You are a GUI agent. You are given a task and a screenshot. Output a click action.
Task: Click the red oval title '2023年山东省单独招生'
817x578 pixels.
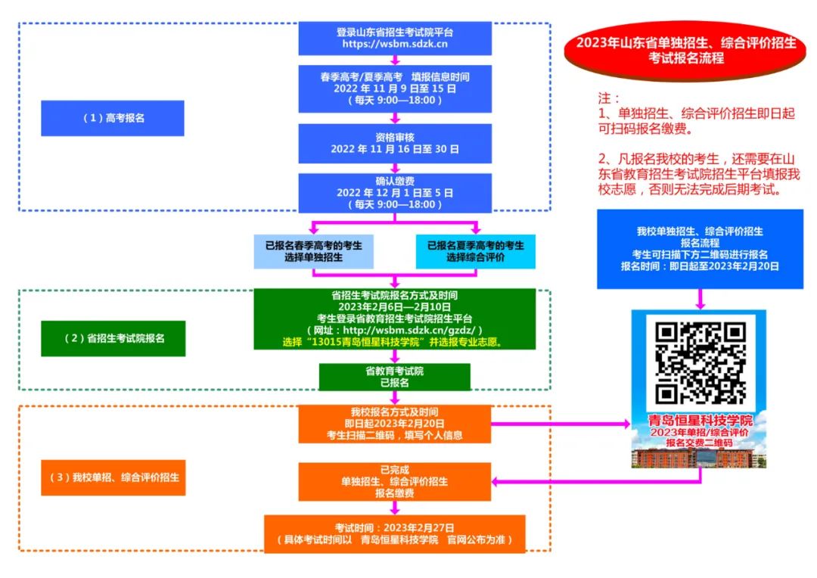[x=686, y=50]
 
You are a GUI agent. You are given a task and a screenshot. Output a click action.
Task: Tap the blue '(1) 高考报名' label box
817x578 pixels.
[x=113, y=118]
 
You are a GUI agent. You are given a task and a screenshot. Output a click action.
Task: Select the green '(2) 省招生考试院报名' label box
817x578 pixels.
[x=113, y=338]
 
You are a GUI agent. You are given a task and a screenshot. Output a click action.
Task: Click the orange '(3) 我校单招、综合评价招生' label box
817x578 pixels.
[x=113, y=477]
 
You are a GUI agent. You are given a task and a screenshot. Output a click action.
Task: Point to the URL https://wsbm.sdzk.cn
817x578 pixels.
[x=394, y=45]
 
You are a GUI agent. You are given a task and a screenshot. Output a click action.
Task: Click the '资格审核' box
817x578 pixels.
[x=394, y=144]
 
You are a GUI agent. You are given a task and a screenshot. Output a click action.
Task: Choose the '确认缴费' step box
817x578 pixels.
[x=394, y=193]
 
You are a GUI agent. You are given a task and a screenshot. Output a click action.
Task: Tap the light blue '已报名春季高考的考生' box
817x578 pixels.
[x=313, y=251]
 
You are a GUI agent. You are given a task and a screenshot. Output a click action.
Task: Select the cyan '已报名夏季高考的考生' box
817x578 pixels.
[x=475, y=251]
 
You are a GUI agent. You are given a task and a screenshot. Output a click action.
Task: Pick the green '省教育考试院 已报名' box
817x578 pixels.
[x=394, y=377]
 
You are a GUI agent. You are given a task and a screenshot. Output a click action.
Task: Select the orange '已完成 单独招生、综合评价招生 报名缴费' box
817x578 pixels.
[x=394, y=481]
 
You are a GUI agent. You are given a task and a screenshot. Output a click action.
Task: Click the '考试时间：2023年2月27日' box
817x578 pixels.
[x=394, y=533]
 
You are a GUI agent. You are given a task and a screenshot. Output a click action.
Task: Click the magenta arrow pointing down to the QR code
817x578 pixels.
[x=700, y=300]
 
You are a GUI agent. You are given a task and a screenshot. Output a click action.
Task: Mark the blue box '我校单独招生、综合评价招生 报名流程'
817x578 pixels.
[x=700, y=249]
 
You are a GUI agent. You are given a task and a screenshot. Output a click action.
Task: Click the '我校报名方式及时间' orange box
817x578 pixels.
[x=394, y=424]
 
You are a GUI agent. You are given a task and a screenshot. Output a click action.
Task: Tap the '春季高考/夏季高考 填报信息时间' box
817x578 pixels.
[x=394, y=89]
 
